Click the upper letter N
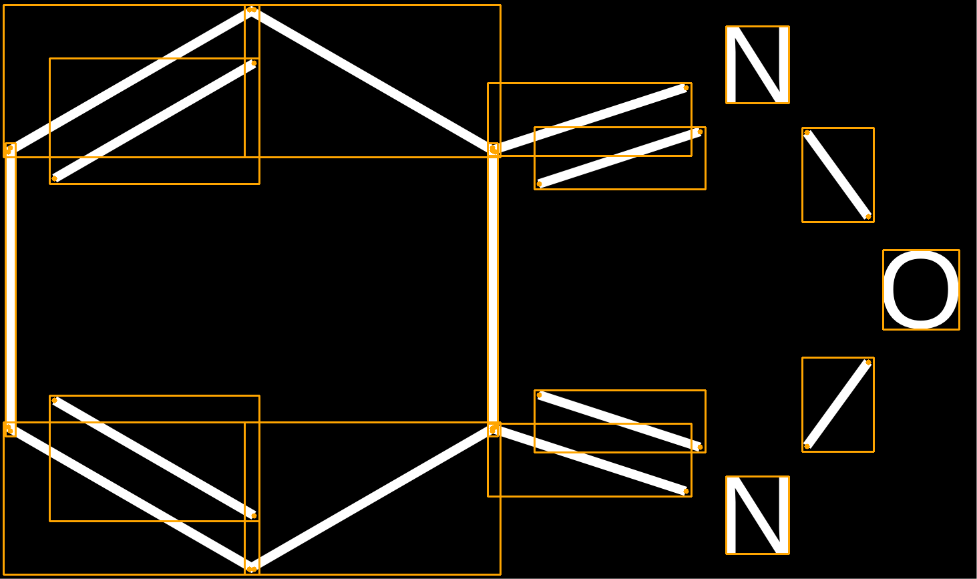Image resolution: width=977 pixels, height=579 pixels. tap(757, 65)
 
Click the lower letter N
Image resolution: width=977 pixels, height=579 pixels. tap(757, 515)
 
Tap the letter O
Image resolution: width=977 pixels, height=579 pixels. tap(921, 290)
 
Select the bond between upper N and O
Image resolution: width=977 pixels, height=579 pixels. tap(837, 174)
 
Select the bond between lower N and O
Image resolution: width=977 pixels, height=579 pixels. tap(837, 405)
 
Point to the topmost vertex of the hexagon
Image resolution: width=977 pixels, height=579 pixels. tap(251, 11)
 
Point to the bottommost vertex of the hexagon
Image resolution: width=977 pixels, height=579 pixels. tap(251, 568)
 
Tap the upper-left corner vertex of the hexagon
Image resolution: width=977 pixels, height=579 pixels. tap(10, 150)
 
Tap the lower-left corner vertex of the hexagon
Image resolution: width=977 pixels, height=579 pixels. tap(10, 429)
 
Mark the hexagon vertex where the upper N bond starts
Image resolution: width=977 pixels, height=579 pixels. tap(494, 150)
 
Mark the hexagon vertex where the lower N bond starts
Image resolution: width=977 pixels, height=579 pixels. tap(494, 429)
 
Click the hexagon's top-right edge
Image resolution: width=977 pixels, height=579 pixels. tap(372, 80)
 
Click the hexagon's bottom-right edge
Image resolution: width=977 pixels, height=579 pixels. tap(372, 499)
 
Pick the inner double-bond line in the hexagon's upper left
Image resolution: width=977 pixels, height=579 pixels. tap(154, 121)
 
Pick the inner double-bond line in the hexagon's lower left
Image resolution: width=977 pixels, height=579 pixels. tap(154, 458)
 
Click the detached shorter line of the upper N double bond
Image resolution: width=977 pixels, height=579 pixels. tap(620, 158)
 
